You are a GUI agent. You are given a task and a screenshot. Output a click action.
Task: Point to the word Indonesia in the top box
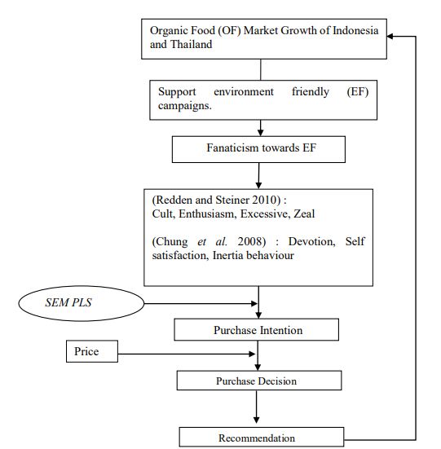(x=355, y=30)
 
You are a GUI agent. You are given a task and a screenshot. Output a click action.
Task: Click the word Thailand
(x=192, y=44)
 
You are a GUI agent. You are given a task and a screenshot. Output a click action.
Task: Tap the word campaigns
(x=185, y=106)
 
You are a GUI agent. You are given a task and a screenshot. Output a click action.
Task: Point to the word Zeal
(x=304, y=213)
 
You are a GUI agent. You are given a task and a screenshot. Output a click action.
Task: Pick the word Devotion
(x=312, y=241)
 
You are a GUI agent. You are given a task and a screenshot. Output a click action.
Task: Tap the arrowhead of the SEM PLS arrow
(x=254, y=303)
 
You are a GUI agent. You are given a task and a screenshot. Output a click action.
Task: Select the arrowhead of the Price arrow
(x=252, y=354)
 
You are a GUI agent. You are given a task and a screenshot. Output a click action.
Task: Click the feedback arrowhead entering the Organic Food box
(x=390, y=37)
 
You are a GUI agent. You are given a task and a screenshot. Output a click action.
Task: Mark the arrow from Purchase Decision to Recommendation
(x=256, y=407)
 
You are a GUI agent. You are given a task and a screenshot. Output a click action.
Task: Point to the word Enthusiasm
(x=208, y=213)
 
